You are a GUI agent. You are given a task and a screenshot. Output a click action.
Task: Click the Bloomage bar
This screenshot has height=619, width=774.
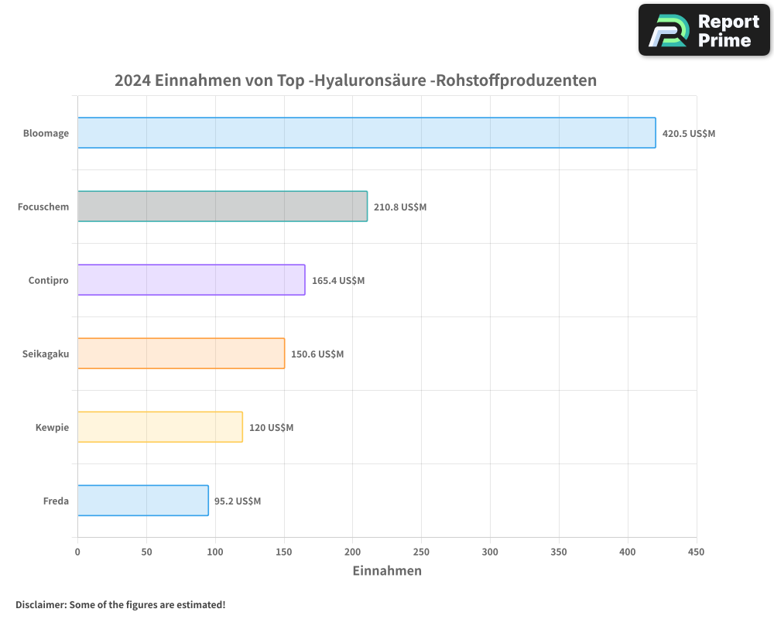(366, 133)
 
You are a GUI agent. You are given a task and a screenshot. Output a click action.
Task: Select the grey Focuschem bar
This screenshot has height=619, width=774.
(222, 207)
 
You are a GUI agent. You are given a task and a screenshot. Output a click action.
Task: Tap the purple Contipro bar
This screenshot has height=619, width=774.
(191, 280)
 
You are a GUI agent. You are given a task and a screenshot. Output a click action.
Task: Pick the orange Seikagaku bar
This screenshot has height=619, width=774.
(181, 354)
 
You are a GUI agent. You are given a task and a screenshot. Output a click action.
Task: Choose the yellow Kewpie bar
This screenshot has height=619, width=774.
(160, 427)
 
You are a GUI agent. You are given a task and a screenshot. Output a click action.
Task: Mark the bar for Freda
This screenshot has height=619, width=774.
(143, 501)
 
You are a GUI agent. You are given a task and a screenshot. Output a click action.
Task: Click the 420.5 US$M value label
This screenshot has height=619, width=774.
(688, 133)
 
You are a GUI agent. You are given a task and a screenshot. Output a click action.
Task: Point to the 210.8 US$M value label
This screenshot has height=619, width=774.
(400, 207)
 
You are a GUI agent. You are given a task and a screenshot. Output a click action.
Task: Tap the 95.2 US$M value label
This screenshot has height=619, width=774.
(238, 501)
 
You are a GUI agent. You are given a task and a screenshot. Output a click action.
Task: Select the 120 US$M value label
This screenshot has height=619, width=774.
(271, 427)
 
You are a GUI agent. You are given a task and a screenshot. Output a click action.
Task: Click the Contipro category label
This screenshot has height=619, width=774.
(48, 280)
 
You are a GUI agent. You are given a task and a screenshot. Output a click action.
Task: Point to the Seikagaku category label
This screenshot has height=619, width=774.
(46, 354)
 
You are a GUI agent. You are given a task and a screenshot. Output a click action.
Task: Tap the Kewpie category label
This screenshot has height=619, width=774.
(52, 427)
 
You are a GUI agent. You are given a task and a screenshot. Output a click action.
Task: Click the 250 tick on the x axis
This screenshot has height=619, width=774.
(421, 552)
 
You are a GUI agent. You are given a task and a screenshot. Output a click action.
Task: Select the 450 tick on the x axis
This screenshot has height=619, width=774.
(696, 552)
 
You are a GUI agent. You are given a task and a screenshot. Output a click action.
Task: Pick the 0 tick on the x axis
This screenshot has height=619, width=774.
(77, 552)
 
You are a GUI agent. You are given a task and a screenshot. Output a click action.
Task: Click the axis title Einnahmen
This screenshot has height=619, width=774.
(387, 571)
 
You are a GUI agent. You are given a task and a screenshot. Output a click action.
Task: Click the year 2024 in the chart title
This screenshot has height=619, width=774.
(132, 80)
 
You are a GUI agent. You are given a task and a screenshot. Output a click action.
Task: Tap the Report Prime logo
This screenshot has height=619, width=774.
(704, 30)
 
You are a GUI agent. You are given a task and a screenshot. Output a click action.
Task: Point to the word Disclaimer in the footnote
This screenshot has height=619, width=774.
(40, 604)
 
